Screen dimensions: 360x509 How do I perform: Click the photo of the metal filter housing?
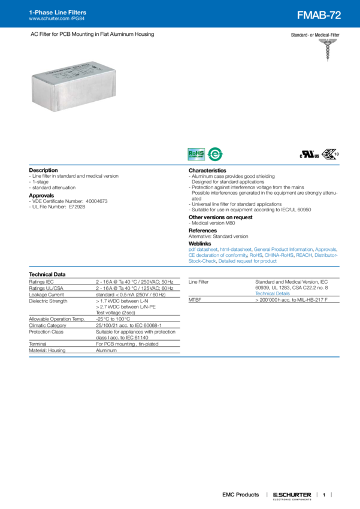click(x=74, y=86)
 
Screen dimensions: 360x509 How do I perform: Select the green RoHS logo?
click(x=196, y=154)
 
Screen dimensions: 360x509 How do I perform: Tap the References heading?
click(x=202, y=230)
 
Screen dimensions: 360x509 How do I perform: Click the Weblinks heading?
click(x=200, y=243)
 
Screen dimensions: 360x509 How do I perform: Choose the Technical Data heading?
click(x=47, y=274)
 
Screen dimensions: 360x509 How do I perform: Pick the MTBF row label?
click(x=194, y=299)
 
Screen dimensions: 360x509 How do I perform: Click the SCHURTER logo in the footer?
click(x=292, y=495)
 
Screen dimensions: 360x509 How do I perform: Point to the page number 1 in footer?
click(x=323, y=495)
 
